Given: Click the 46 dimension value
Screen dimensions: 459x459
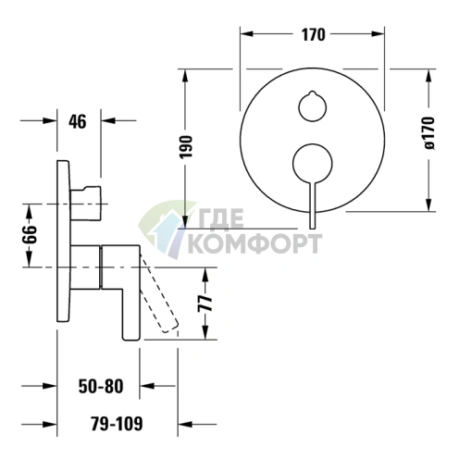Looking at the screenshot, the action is [78, 122].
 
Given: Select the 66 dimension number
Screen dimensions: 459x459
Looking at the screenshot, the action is [31, 234].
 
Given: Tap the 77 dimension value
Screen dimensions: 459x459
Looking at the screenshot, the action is [205, 303].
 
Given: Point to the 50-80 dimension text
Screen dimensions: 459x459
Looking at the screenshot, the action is [101, 386].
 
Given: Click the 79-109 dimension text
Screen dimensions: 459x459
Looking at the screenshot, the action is [117, 424].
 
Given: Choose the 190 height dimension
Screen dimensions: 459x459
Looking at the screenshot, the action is [186, 146].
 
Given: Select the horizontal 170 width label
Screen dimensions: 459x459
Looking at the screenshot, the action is [313, 34].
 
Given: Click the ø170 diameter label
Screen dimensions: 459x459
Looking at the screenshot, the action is [429, 133].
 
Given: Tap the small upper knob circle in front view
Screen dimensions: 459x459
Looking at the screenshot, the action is [313, 106].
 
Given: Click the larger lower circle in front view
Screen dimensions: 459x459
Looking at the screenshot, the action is [313, 164].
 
